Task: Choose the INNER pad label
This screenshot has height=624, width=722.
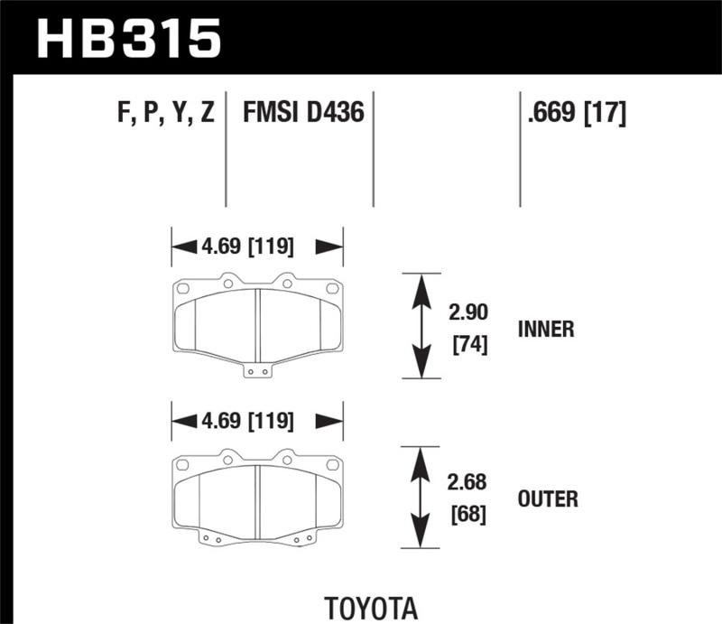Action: pos(545,329)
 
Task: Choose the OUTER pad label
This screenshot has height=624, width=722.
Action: pos(548,498)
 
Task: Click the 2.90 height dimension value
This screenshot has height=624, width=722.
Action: pos(467,313)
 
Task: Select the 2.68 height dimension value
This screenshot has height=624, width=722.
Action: pos(467,482)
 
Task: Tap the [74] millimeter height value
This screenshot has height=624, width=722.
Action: pos(467,344)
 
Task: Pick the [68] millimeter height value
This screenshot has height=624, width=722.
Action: pos(467,515)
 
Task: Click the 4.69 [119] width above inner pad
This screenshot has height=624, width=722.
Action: pos(257,246)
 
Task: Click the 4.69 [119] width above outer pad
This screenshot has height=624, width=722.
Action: pos(257,419)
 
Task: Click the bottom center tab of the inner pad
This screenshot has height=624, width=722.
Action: pos(257,368)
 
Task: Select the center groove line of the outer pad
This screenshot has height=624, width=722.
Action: pos(257,495)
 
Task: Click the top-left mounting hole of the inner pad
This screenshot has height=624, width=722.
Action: pos(181,290)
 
